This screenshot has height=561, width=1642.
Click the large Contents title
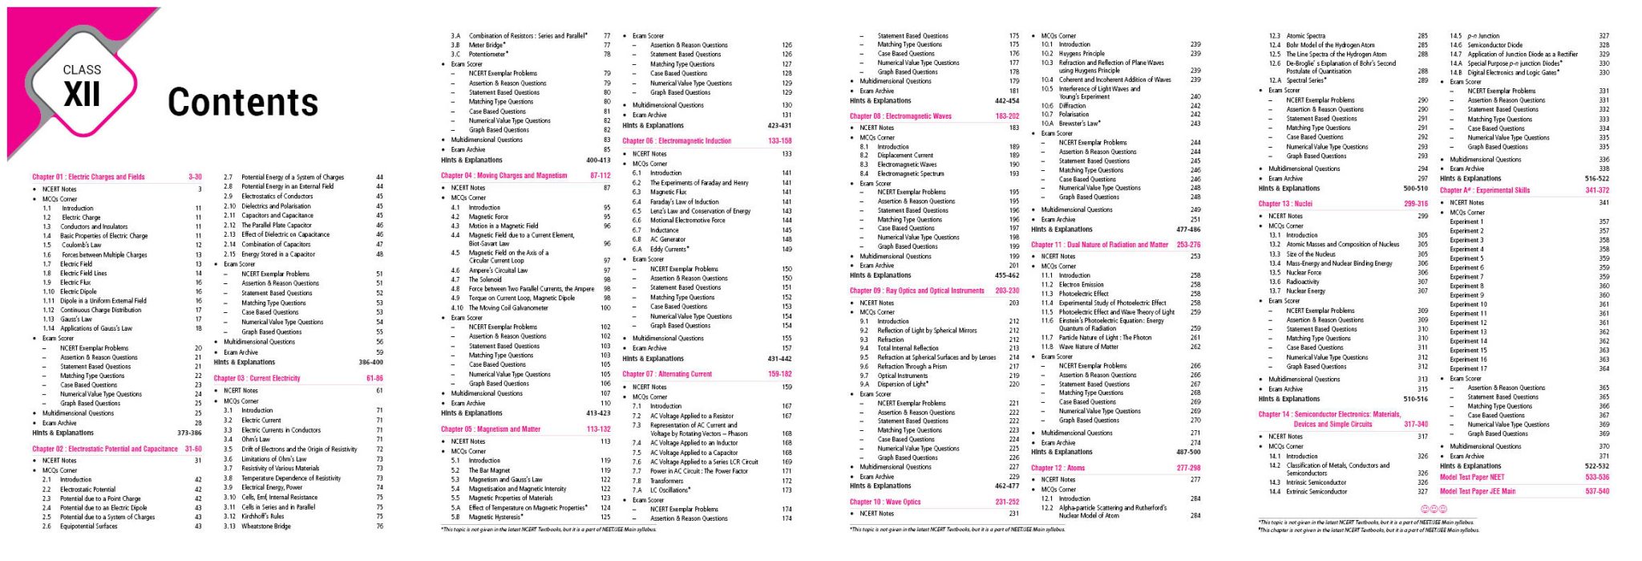tap(242, 102)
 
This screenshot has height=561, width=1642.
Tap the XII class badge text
tap(82, 95)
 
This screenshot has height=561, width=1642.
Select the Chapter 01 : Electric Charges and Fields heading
tap(88, 177)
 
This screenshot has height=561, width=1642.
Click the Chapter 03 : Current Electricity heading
tap(257, 378)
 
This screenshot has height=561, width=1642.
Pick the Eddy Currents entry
tap(669, 249)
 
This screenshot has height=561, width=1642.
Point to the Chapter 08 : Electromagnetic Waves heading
tap(900, 116)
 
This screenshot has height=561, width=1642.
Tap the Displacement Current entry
tap(904, 156)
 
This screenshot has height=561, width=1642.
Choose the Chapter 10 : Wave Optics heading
tap(885, 502)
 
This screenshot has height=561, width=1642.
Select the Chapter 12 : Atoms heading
tap(1058, 468)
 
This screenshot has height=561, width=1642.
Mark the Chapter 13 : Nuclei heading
tap(1285, 204)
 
